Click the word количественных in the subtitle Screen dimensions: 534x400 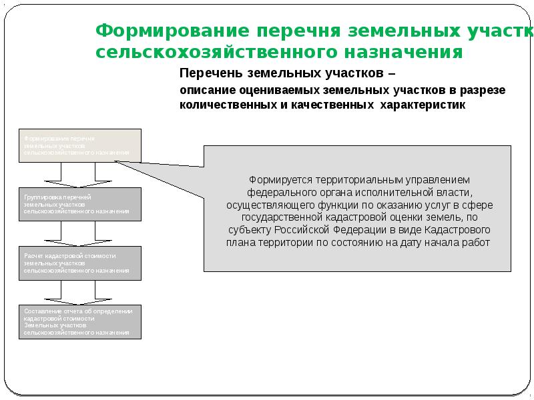[221, 105]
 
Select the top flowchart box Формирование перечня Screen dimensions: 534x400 [80, 145]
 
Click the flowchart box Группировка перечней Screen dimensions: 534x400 [80, 204]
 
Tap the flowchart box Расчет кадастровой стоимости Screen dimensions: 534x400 [80, 263]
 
